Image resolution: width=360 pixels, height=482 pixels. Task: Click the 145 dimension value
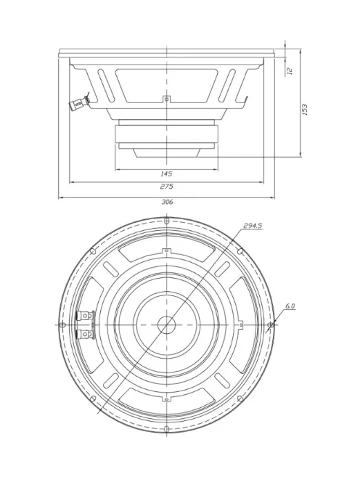coord(166,174)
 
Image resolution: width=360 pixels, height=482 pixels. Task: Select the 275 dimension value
coord(166,187)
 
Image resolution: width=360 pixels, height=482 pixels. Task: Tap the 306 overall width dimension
coord(167,202)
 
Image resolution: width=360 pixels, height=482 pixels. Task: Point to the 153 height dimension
coord(305,110)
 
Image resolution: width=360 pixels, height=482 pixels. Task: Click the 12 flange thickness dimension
coord(290,70)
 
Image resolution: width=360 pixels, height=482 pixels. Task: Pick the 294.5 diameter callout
coord(253,226)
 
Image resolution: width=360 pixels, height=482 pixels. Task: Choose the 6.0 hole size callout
coord(290,306)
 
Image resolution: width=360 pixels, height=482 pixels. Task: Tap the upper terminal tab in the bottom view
coord(85,315)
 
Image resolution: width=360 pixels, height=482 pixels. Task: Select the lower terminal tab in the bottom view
coord(85,334)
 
